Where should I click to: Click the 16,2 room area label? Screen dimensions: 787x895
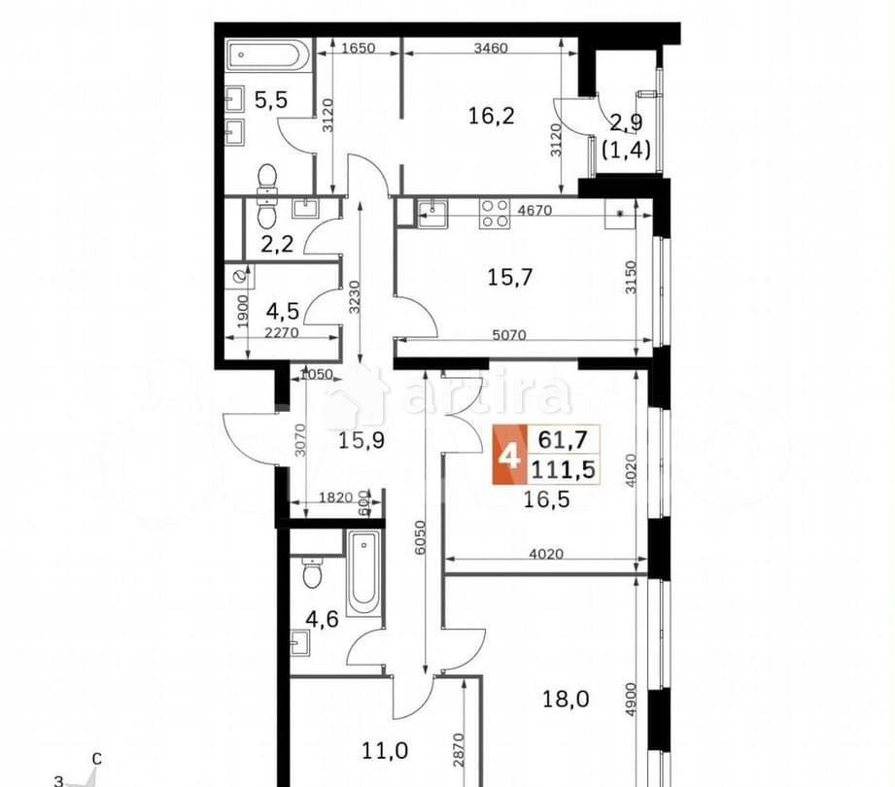(490, 117)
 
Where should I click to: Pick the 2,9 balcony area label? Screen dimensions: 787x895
(625, 123)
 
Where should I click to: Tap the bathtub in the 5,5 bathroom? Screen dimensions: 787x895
(268, 54)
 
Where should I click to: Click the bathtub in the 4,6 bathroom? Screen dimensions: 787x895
(364, 572)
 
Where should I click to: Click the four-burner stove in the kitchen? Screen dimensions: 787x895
(495, 213)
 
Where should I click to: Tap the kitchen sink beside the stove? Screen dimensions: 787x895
(431, 212)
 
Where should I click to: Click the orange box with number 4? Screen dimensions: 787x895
(507, 455)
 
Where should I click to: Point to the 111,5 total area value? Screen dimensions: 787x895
(563, 469)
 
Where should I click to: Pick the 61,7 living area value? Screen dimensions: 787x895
(563, 440)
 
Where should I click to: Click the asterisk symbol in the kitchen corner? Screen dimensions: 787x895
(619, 214)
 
